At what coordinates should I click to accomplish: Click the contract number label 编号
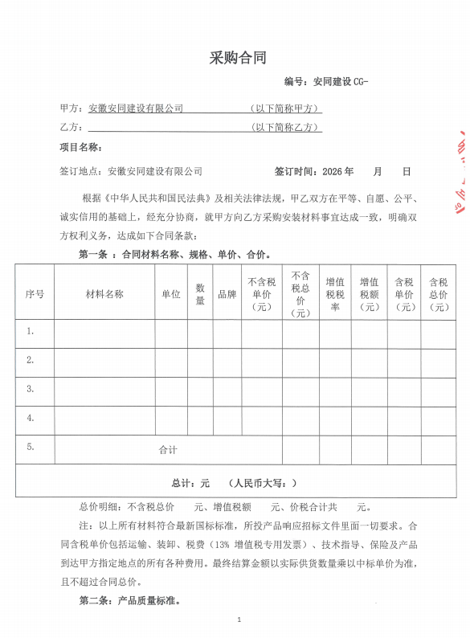point(295,82)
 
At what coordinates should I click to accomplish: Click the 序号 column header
point(35,293)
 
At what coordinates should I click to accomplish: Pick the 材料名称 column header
point(104,293)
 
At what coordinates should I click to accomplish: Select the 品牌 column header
point(227,293)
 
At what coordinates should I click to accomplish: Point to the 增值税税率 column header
point(335,293)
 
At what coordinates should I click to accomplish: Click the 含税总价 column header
point(438,293)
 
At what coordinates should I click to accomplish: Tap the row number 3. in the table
point(31,389)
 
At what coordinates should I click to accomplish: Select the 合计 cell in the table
point(167,450)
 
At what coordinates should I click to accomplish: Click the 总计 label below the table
point(182,483)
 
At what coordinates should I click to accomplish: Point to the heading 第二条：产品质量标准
point(129,600)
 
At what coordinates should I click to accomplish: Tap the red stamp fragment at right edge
point(462,169)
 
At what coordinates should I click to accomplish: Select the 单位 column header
point(171,293)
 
